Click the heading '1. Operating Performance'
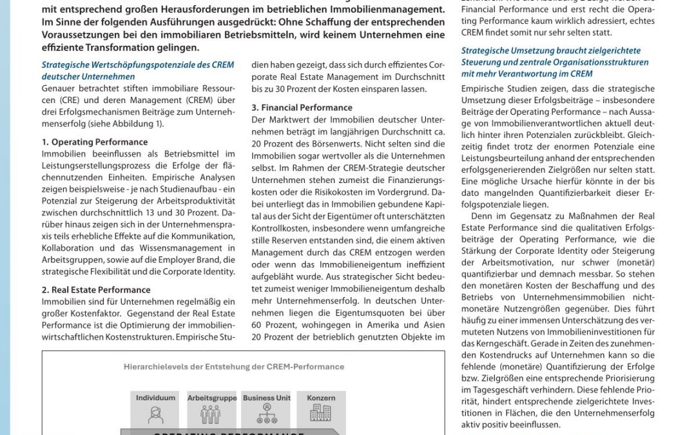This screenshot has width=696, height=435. coord(94,142)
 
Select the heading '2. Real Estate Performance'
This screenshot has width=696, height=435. coord(96,290)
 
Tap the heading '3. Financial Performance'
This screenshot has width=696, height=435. coord(302,108)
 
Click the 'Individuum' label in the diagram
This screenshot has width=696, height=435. coord(155,398)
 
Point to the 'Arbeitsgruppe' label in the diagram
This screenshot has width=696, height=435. coord(211,398)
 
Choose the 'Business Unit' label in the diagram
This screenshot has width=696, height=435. coord(266,398)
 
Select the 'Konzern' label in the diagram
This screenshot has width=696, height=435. coord(321,398)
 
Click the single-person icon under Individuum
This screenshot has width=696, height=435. coord(155,415)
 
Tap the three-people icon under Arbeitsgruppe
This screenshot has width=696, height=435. coord(211,415)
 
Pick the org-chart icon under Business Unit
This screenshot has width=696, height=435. coord(266,414)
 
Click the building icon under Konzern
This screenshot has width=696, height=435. coord(321,414)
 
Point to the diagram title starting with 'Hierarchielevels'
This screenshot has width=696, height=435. coord(233,367)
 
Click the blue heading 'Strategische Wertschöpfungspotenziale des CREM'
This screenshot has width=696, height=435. coord(137,65)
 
